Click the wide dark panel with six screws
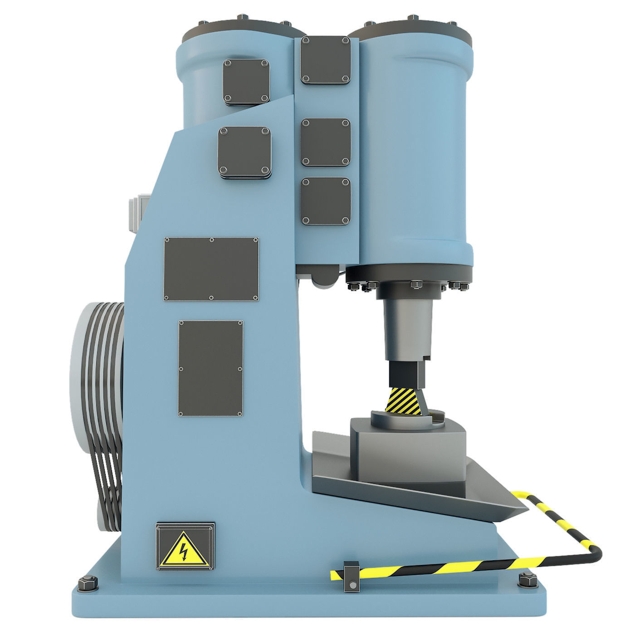pos(211,269)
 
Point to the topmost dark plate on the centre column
pos(326,60)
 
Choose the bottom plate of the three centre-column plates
pos(326,200)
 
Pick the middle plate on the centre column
pos(326,141)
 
